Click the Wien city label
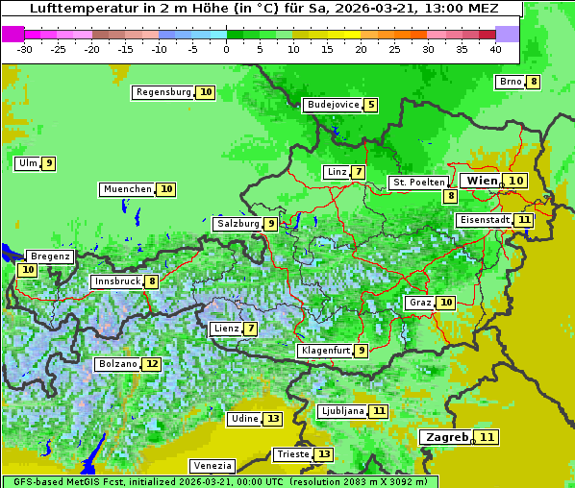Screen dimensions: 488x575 click(482, 181)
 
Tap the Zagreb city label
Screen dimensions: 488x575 click(446, 437)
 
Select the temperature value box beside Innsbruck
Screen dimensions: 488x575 click(152, 281)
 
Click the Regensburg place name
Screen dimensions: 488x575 click(163, 92)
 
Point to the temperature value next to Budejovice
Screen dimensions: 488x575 click(370, 105)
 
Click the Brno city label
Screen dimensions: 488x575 click(510, 82)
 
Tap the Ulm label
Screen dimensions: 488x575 click(27, 163)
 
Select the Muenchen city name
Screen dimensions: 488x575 click(128, 189)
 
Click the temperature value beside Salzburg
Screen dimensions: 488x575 click(271, 224)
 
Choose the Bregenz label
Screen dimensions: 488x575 click(50, 256)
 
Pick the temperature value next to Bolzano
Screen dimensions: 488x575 click(152, 365)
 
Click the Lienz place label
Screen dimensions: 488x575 click(226, 329)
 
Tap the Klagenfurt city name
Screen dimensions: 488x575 click(324, 351)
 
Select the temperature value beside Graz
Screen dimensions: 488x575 click(445, 303)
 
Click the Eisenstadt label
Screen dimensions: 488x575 click(484, 220)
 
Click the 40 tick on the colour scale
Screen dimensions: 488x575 click(495, 49)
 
